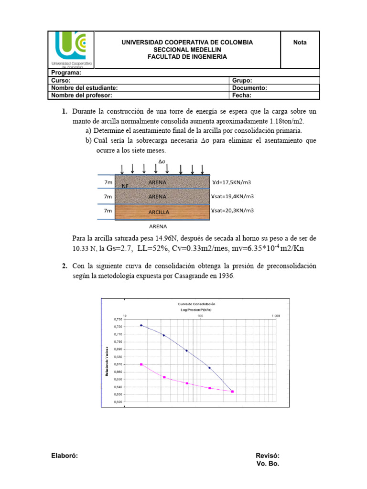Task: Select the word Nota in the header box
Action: tap(300, 43)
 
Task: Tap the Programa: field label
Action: tap(66, 73)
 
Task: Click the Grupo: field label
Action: tap(242, 81)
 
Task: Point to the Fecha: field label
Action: tap(241, 95)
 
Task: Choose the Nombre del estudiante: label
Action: tap(84, 88)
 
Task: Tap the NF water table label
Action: tap(125, 186)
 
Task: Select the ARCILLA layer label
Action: tap(159, 212)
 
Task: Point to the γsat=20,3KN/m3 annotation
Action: tap(232, 210)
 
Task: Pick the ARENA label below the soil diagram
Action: tap(158, 226)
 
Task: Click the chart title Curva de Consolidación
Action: tap(196, 304)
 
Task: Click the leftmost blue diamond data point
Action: tap(141, 325)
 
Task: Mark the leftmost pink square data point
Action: tap(141, 364)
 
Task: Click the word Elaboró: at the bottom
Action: tap(65, 456)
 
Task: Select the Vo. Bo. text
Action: tap(268, 463)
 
